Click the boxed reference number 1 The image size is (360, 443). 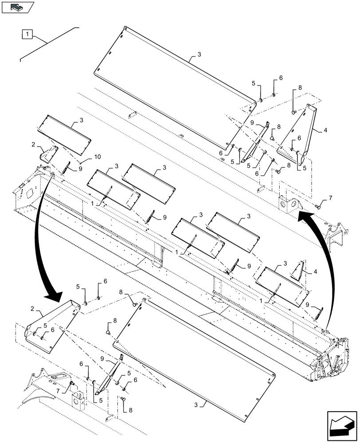(27, 34)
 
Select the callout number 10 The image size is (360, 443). (97, 157)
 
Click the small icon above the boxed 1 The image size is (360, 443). (18, 7)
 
